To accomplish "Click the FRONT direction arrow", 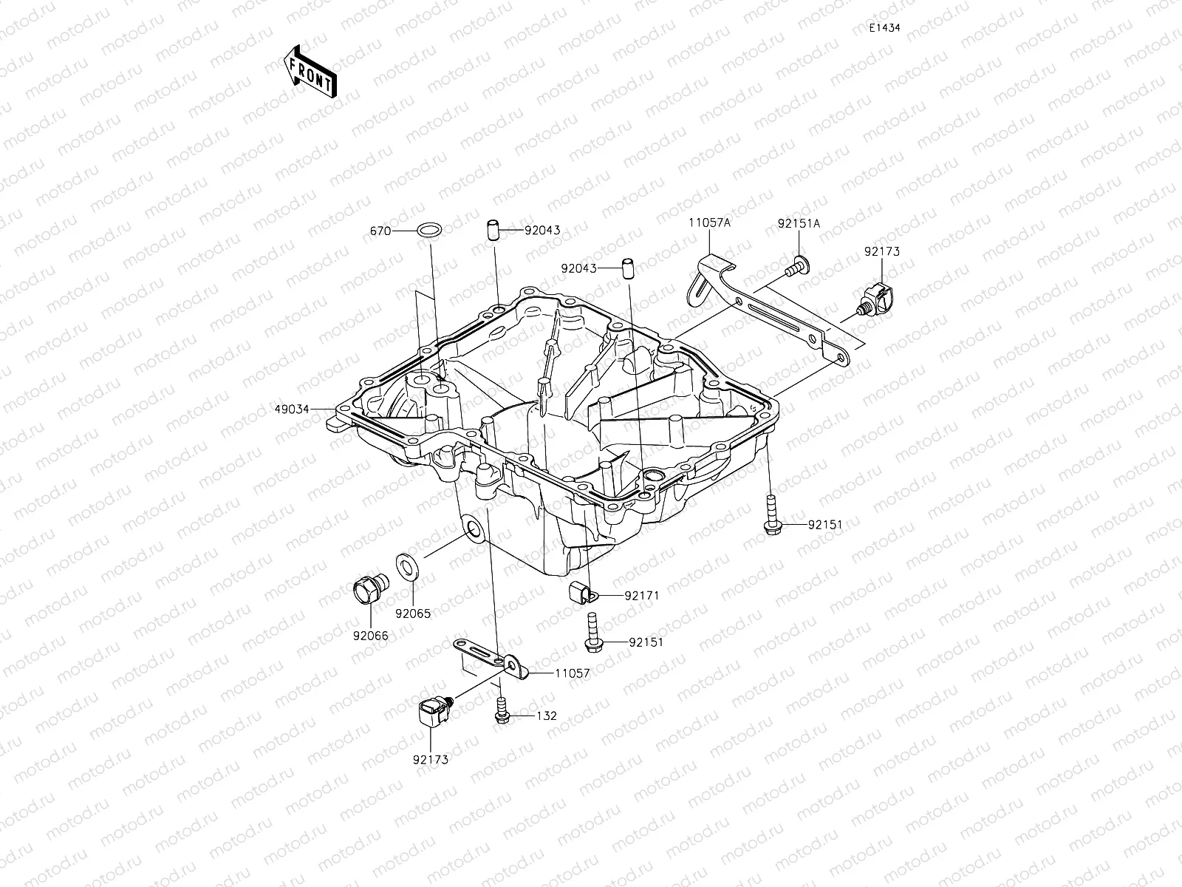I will (309, 72).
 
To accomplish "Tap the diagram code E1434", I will (884, 28).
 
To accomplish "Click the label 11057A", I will (710, 222).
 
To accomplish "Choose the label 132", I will (547, 716).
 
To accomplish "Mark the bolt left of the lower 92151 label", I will (592, 634).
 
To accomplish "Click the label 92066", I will (370, 636).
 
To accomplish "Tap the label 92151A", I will (798, 222).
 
